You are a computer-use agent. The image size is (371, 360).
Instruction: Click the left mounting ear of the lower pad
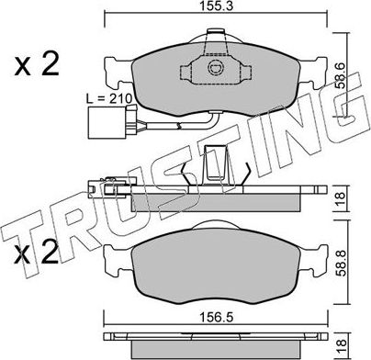pyautogui.click(x=118, y=261)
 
